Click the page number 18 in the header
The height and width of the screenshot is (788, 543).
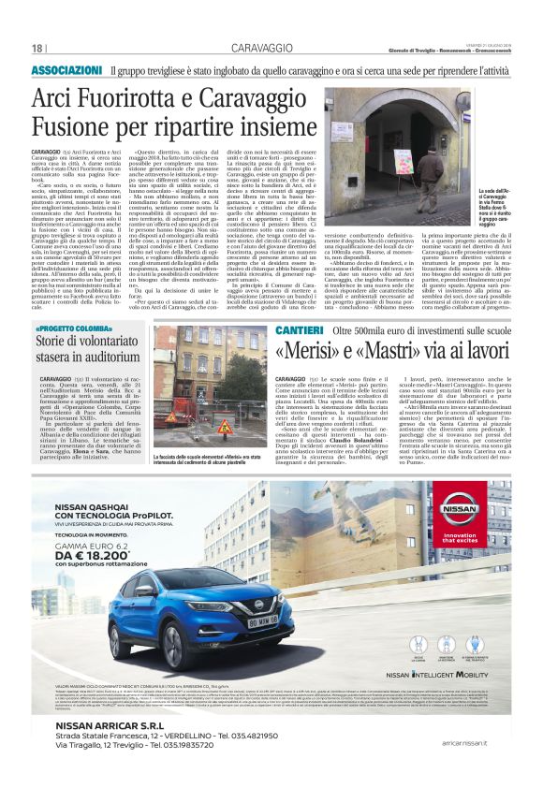point(38,48)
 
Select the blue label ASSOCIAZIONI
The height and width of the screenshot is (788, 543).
point(66,71)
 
